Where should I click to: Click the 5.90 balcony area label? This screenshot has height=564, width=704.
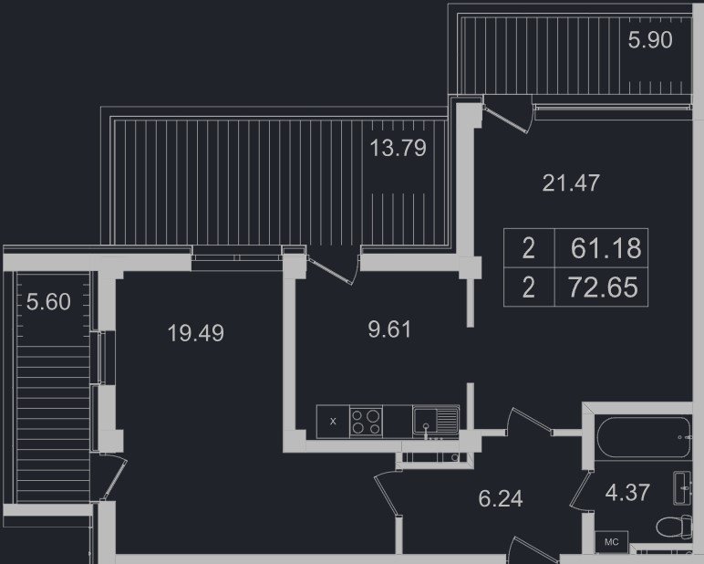click(x=649, y=40)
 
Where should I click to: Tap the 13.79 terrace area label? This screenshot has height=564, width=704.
click(x=398, y=148)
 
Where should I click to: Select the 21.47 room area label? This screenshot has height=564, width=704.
click(x=571, y=183)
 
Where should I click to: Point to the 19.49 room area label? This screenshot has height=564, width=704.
click(x=196, y=333)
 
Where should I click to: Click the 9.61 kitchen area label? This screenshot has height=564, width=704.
click(x=389, y=329)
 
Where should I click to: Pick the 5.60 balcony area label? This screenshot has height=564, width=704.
click(x=48, y=301)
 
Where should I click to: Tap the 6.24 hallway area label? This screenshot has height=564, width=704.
click(x=500, y=498)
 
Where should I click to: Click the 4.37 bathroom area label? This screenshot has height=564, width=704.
click(x=627, y=492)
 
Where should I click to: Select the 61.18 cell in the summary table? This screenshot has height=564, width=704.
click(x=602, y=248)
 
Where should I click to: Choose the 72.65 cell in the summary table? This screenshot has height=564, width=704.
click(x=602, y=287)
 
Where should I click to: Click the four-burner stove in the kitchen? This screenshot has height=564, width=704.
click(x=366, y=422)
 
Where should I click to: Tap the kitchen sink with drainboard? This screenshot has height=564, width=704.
click(x=436, y=421)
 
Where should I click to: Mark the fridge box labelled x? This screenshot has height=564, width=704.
click(x=333, y=422)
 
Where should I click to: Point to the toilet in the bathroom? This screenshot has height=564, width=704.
click(x=675, y=527)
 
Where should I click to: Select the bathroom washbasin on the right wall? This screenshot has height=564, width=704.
click(x=682, y=488)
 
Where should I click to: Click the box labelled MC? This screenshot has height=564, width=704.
click(x=611, y=542)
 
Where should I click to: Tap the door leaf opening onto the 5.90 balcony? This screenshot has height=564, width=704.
click(x=506, y=120)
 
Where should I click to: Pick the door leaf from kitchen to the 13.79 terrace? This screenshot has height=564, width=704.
click(x=330, y=270)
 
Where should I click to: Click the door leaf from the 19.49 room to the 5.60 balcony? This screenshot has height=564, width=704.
click(x=116, y=479)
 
